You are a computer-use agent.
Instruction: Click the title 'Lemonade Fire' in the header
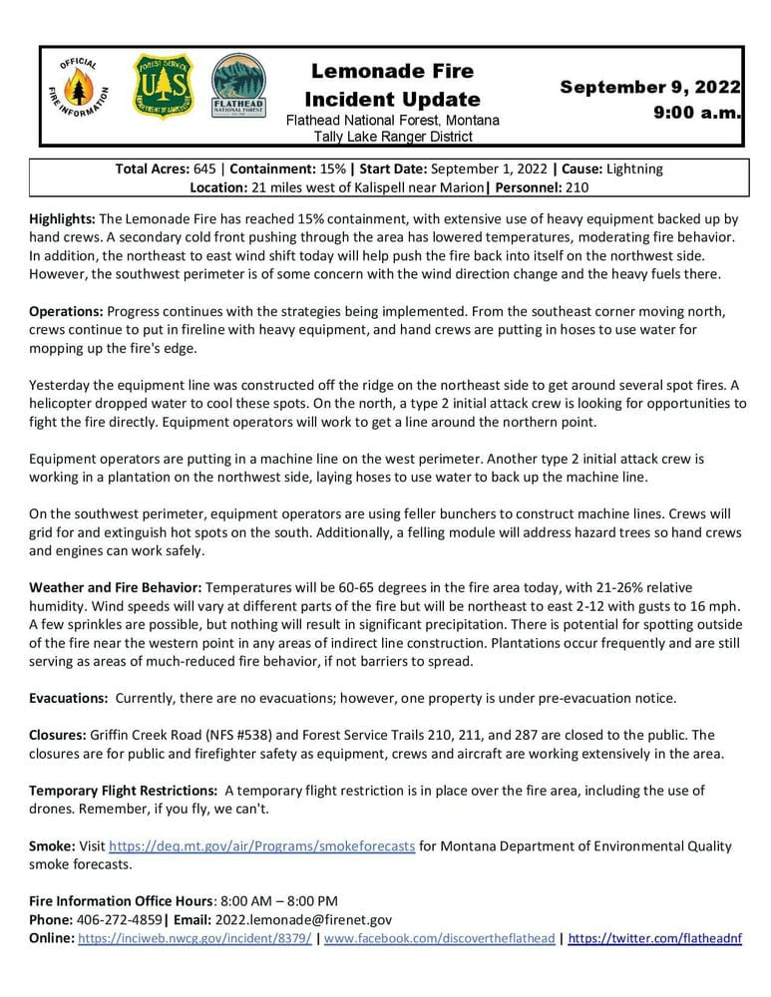coord(392,71)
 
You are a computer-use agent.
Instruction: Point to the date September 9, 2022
coord(649,87)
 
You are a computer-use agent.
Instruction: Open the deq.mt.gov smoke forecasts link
coord(261,846)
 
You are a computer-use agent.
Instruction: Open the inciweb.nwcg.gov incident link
coord(194,938)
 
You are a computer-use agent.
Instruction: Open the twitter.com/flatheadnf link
coord(654,938)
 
